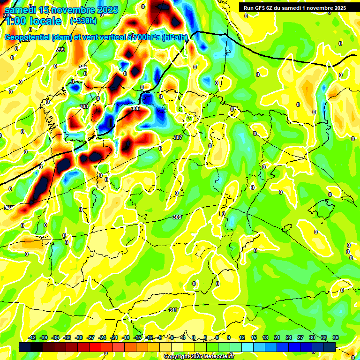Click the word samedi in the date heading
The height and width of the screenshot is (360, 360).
[20, 9]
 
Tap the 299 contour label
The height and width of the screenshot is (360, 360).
[60, 50]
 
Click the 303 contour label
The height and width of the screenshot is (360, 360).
[84, 106]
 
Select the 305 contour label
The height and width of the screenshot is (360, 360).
[135, 108]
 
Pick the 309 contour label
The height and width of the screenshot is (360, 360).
[177, 217]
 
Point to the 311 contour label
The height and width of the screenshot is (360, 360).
[173, 310]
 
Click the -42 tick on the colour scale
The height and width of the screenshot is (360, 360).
[32, 337]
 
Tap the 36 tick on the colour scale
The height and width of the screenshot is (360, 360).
[335, 337]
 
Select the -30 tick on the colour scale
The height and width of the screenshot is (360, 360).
[79, 337]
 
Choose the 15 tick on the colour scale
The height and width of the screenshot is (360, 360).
[254, 337]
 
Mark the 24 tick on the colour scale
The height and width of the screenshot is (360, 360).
[288, 337]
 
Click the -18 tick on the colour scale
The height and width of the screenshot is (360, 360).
[126, 337]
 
